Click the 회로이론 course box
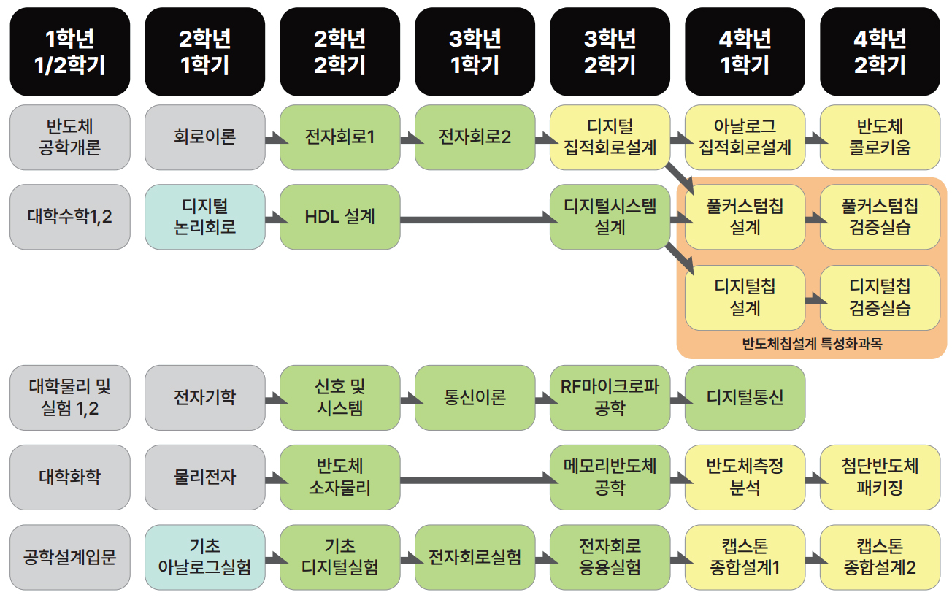(x=205, y=137)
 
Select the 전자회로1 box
(x=340, y=137)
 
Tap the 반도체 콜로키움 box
(x=880, y=137)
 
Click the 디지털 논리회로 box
(x=205, y=217)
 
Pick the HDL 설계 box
(x=340, y=217)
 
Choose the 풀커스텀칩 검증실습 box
(x=880, y=217)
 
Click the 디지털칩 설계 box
(x=745, y=297)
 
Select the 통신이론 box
(x=475, y=398)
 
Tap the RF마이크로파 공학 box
(x=610, y=398)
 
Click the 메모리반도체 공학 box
(x=610, y=477)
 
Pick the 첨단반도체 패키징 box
(x=880, y=477)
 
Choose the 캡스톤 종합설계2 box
(x=880, y=557)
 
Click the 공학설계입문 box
(x=70, y=557)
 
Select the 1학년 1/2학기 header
(x=70, y=52)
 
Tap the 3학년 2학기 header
(x=610, y=52)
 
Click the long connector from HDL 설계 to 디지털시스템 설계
(x=475, y=218)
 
